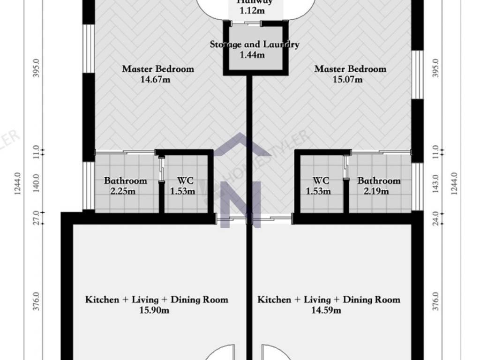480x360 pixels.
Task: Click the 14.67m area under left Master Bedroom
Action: pyautogui.click(x=155, y=79)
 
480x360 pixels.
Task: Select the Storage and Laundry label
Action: pyautogui.click(x=254, y=45)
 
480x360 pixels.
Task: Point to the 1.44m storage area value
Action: pyautogui.click(x=252, y=55)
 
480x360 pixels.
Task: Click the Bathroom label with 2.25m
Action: pyautogui.click(x=125, y=180)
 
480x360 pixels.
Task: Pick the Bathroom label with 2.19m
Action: pyautogui.click(x=379, y=180)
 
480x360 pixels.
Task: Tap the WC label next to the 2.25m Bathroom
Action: pyautogui.click(x=185, y=180)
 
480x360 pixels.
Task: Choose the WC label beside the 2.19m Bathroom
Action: pyautogui.click(x=321, y=180)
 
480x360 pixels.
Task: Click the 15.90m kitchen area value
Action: pyautogui.click(x=154, y=310)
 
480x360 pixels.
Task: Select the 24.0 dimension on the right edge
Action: pyautogui.click(x=436, y=217)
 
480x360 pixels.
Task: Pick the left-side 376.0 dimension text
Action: pyautogui.click(x=37, y=301)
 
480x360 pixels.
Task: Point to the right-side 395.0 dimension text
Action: pyautogui.click(x=436, y=68)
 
